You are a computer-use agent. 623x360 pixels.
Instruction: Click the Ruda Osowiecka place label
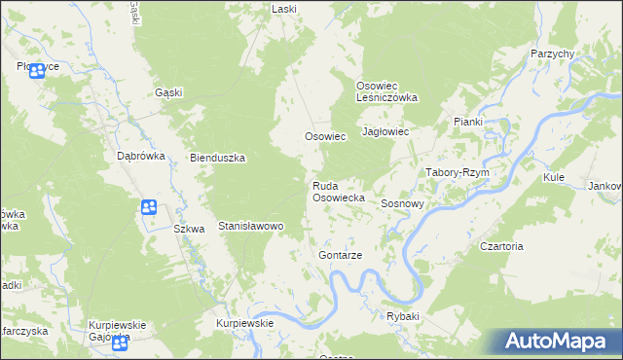[338, 191]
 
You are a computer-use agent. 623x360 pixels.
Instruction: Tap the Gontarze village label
[340, 255]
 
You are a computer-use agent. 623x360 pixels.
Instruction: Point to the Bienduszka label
[217, 158]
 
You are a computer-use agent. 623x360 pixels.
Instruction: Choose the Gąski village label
[169, 92]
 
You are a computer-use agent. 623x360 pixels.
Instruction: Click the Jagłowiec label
[384, 131]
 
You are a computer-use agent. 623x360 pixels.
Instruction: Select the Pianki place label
[468, 121]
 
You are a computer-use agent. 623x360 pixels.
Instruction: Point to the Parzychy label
[552, 54]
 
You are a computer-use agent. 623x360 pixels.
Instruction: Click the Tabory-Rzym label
[457, 172]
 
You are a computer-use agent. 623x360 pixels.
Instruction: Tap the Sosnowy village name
[402, 204]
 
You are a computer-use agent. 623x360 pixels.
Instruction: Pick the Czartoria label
[502, 247]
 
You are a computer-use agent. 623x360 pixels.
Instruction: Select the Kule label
[555, 179]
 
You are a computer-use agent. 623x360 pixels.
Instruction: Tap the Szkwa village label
[189, 230]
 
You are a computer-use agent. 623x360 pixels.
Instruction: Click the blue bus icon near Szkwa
[148, 206]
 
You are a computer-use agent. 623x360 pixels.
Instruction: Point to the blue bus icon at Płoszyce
[37, 70]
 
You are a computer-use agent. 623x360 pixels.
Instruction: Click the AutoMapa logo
[552, 341]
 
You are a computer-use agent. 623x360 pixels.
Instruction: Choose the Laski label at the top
[284, 9]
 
